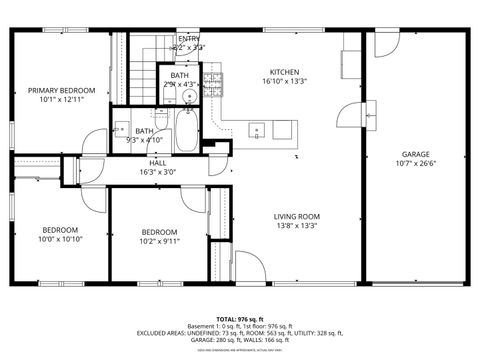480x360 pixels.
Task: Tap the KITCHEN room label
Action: pos(284,72)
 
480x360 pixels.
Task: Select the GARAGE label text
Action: pos(416,154)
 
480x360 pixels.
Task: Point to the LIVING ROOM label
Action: pos(296,216)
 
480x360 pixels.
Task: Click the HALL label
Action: pos(158,162)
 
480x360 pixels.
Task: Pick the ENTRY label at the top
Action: pos(189,38)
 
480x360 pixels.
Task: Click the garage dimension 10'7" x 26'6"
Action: pos(416,164)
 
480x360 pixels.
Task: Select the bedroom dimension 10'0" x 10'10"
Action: pos(59,240)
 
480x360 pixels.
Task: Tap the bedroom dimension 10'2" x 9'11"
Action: pos(159,241)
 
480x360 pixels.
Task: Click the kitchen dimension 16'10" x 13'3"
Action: pos(284,82)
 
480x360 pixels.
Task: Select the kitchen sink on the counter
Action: pos(257,129)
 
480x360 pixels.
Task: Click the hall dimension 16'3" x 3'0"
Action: pos(158,172)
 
